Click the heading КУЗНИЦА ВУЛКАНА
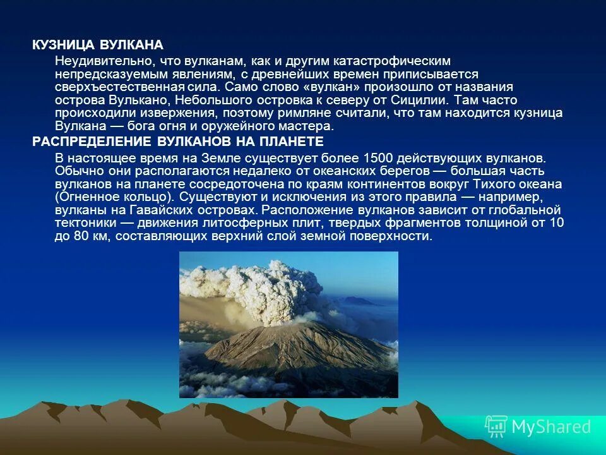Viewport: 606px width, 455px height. [98, 45]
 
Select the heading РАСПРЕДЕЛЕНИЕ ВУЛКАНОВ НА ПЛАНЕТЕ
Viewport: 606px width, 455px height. [178, 142]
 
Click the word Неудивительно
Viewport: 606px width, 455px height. [102, 61]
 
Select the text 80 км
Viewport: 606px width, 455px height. [89, 236]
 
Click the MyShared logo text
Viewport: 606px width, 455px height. [550, 427]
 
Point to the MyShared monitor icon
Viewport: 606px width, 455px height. [496, 427]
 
